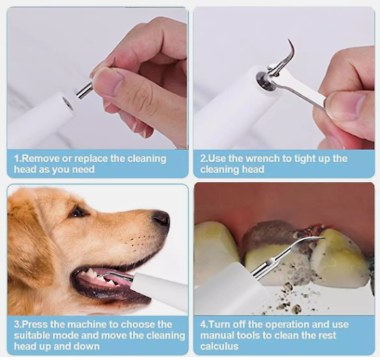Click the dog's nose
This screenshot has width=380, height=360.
(x=161, y=219)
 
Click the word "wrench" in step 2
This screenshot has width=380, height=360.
(x=262, y=159)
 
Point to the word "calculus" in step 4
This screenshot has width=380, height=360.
(x=219, y=346)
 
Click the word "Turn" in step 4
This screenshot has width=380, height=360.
(x=218, y=325)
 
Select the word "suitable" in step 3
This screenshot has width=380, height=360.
(x=32, y=335)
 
